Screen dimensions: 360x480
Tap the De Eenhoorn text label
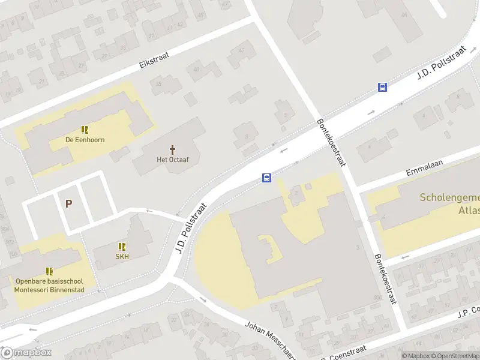85,140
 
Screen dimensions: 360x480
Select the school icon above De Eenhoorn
85,129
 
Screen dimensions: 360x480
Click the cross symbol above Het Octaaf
173,149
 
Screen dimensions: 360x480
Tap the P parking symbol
68,204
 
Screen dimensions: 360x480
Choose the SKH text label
122,256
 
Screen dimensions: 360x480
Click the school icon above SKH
122,247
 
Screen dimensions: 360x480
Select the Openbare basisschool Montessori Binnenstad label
50,285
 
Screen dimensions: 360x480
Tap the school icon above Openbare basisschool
49,271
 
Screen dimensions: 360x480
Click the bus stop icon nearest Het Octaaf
266,178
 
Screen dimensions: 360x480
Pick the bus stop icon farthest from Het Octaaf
382,87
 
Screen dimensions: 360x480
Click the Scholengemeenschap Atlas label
449,203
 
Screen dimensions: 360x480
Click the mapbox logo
26,353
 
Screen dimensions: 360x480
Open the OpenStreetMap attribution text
455,356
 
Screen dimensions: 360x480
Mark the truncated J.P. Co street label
469,312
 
